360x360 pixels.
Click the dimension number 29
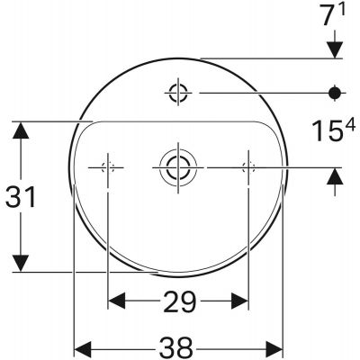click(x=180, y=301)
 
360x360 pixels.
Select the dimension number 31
click(x=21, y=197)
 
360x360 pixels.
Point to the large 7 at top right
click(x=328, y=15)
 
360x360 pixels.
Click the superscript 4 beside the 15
click(x=350, y=124)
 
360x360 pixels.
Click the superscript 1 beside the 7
click(x=342, y=10)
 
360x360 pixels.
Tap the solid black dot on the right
click(x=335, y=93)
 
